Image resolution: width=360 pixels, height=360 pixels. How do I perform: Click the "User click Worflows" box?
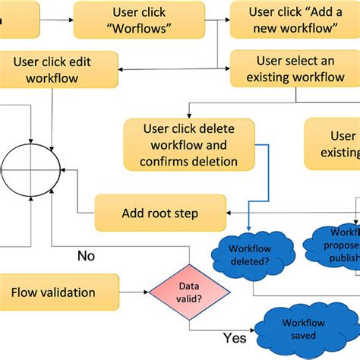(139, 20)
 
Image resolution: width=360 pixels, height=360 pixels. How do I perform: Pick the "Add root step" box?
(159, 213)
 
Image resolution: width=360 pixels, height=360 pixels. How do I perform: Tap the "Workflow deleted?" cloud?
(251, 254)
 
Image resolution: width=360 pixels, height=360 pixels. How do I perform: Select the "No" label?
(87, 255)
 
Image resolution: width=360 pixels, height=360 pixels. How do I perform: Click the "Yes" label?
(234, 337)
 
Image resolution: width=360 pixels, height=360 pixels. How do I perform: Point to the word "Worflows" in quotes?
(139, 29)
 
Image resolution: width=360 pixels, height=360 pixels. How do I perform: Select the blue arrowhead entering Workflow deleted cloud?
(251, 230)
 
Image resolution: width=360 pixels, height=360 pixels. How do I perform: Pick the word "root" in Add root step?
(160, 213)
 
